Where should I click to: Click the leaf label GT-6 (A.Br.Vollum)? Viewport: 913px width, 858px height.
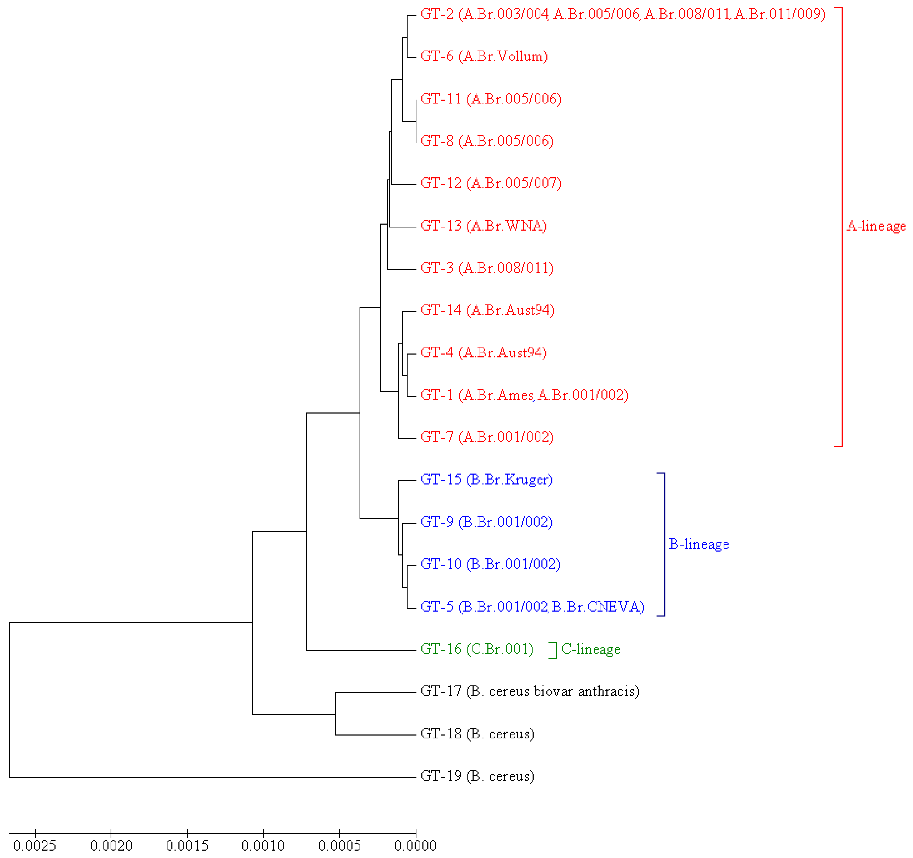[x=484, y=56]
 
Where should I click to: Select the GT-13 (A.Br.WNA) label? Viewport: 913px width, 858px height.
[x=484, y=226]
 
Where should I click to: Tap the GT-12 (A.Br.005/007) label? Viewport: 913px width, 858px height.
[x=491, y=183]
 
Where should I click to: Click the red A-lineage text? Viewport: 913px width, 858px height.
[x=876, y=226]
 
